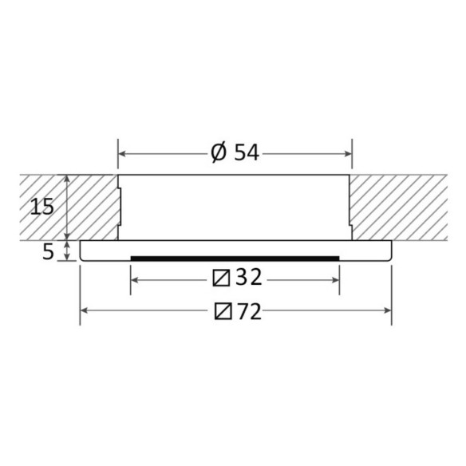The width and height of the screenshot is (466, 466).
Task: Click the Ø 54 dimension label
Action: click(235, 153)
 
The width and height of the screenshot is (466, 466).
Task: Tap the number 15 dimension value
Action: click(42, 207)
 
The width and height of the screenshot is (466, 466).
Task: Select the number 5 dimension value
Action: click(48, 252)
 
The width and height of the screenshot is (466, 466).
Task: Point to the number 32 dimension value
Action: click(249, 277)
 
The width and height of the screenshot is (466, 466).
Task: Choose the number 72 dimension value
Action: click(249, 312)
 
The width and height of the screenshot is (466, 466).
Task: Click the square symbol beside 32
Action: click(221, 278)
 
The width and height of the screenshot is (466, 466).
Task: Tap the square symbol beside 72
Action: click(223, 311)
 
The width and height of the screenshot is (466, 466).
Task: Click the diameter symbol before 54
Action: click(219, 153)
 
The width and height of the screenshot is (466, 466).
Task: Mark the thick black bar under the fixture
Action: click(235, 259)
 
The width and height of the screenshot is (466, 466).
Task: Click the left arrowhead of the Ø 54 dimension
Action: click(121, 154)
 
